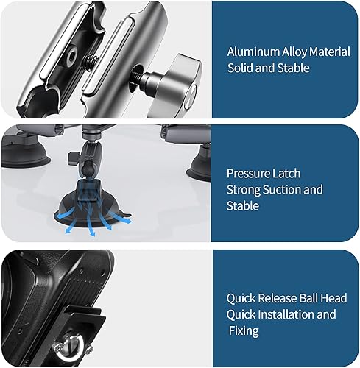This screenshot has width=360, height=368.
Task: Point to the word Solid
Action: [x=241, y=68]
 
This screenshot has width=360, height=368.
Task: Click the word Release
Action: [x=275, y=299]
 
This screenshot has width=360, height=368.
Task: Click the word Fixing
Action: [x=242, y=331]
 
